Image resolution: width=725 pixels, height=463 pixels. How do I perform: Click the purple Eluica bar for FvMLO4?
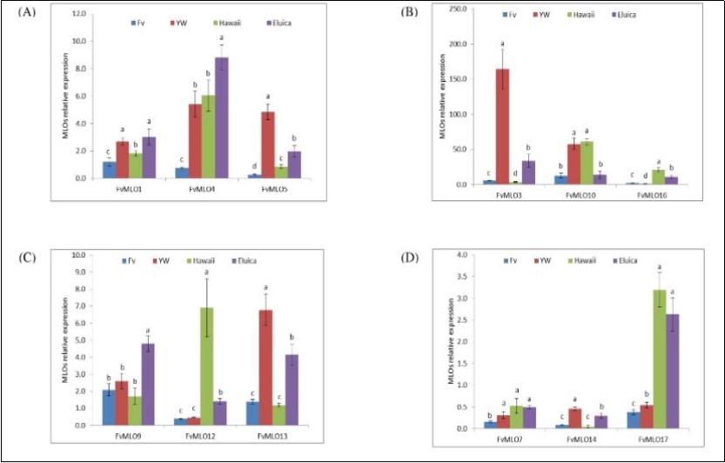222,117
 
